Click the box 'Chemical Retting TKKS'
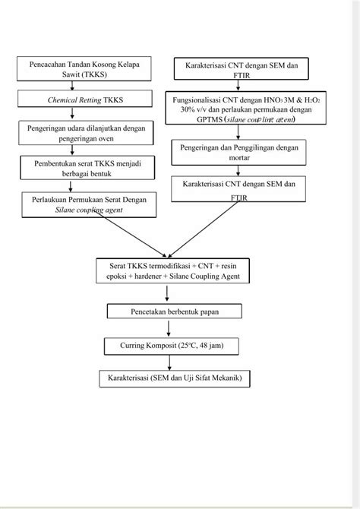tap(85, 99)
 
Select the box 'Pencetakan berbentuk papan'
tap(175, 311)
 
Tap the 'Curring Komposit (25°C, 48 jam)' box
tap(172, 346)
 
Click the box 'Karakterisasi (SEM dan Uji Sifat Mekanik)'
tap(175, 378)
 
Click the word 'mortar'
tap(239, 158)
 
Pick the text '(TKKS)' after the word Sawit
tap(94, 74)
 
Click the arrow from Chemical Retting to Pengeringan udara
tap(72, 113)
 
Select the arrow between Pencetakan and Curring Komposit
tap(168, 328)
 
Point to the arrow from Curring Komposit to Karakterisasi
tap(169, 362)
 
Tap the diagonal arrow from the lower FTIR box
tap(204, 229)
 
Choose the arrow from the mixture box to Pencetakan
tap(167, 293)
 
